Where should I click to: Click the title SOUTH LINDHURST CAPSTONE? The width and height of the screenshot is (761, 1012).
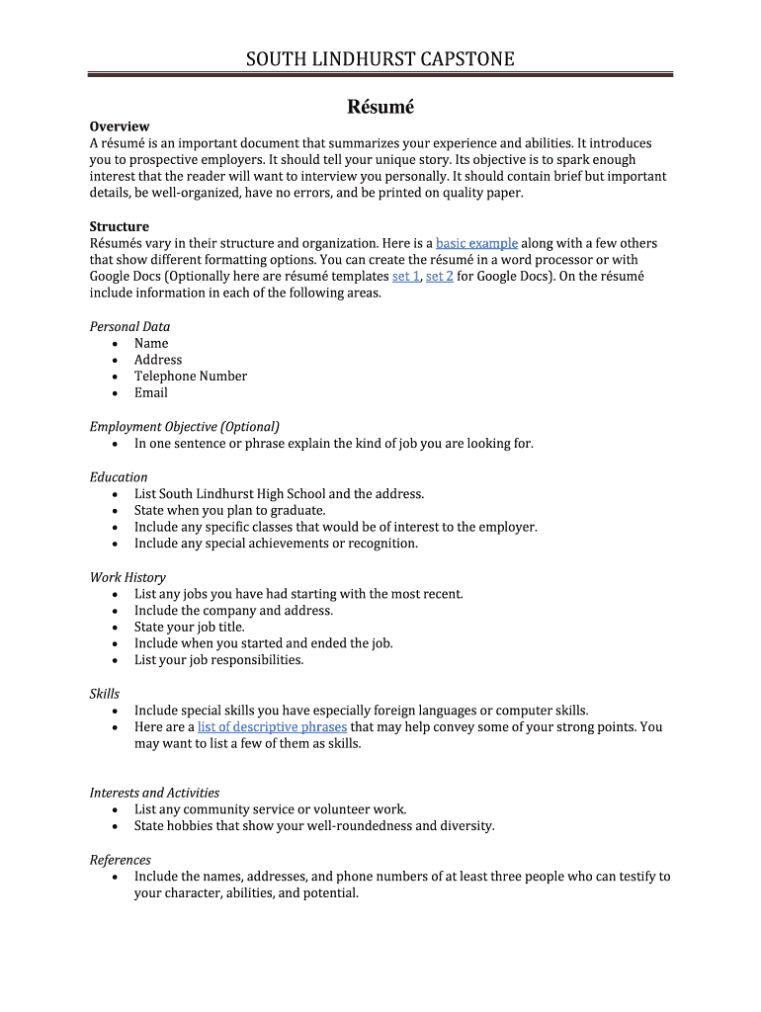(380, 59)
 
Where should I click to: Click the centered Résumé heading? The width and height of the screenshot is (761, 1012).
(380, 106)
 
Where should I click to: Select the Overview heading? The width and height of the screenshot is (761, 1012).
(120, 126)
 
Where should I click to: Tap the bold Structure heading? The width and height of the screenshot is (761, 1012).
(120, 226)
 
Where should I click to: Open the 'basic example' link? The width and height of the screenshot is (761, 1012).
(476, 243)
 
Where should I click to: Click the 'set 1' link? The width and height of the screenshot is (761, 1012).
(405, 277)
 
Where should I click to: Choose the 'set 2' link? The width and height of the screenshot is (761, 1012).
(439, 277)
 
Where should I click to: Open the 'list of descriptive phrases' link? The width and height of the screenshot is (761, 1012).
(272, 727)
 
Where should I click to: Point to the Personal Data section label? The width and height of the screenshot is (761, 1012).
(129, 327)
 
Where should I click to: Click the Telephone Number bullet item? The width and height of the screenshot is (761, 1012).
(191, 377)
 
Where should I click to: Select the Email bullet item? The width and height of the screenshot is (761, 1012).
(151, 393)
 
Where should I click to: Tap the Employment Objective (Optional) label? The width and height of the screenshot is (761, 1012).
(185, 427)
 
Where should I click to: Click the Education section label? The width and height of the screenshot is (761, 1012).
(119, 477)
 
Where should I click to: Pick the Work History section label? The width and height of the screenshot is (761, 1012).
(127, 577)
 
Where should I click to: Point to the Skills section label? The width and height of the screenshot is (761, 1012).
(105, 694)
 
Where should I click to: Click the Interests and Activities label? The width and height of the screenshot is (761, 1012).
(154, 793)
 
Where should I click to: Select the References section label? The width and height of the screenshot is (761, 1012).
(121, 860)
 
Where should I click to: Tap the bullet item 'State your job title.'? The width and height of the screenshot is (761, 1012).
(190, 628)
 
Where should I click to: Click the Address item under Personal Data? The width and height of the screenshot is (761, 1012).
(158, 360)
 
